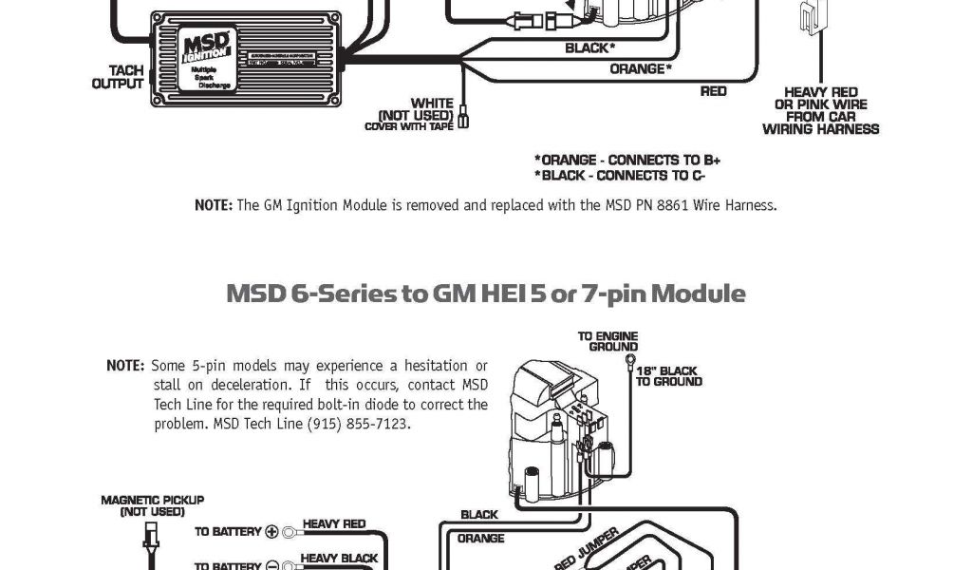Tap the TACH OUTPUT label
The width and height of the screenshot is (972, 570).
[119, 77]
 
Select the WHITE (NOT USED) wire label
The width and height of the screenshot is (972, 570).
[418, 109]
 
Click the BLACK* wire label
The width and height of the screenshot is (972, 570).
[589, 47]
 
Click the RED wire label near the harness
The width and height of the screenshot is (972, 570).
[713, 91]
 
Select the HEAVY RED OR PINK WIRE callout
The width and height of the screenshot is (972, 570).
[820, 110]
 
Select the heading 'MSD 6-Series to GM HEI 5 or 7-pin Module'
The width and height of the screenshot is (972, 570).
[485, 293]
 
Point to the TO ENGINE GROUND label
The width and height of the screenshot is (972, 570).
[607, 341]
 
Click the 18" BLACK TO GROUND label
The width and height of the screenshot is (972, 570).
[668, 376]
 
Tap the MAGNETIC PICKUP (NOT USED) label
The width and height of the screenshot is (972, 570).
[152, 505]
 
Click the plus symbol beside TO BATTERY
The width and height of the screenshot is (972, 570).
[271, 532]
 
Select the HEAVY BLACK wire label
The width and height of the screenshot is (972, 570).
[339, 559]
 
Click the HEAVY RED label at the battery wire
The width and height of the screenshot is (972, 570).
[333, 523]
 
